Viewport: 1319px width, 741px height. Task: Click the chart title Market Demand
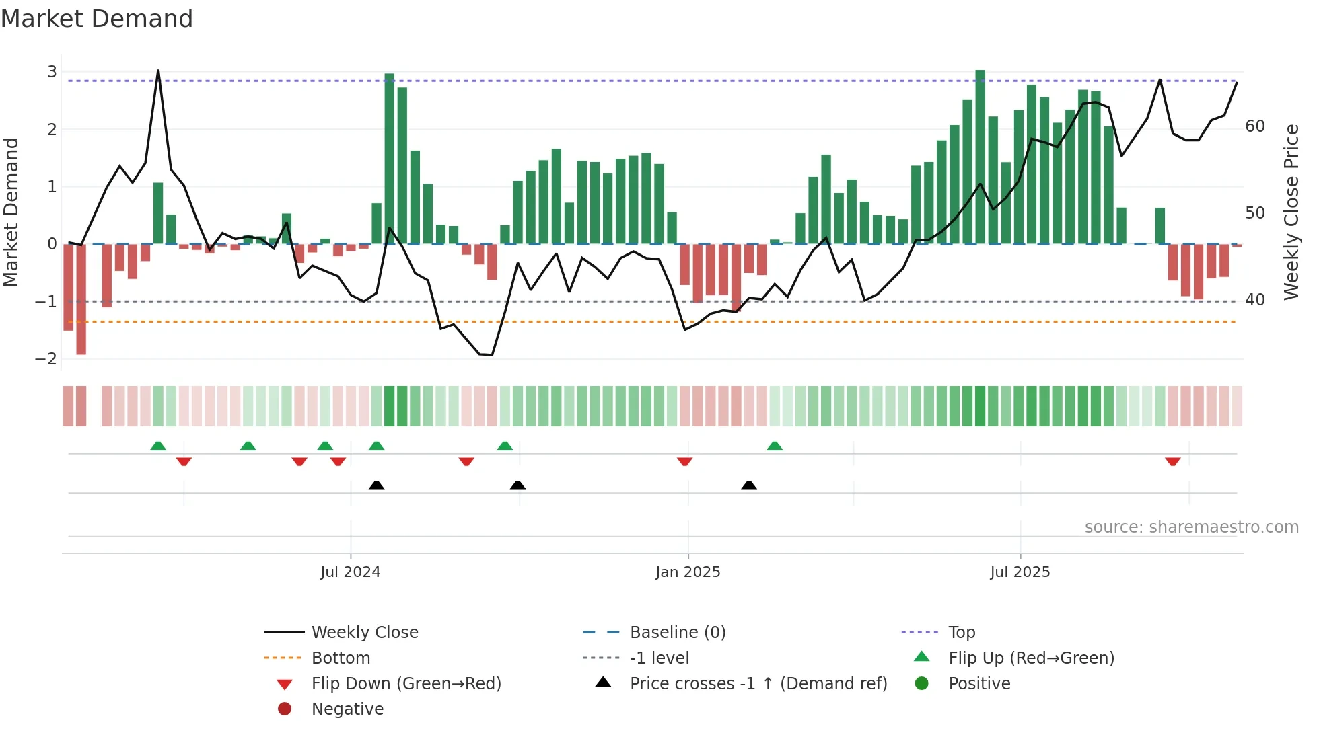click(x=97, y=19)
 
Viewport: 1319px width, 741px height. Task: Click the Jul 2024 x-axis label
click(x=350, y=572)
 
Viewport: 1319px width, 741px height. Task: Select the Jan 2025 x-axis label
click(x=688, y=572)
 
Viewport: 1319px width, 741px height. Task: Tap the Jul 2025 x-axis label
click(x=1020, y=572)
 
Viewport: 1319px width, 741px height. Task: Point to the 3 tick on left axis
click(x=52, y=72)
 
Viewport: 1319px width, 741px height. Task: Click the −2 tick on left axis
click(x=46, y=359)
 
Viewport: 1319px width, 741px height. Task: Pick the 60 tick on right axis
click(x=1254, y=126)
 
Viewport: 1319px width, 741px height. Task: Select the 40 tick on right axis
click(x=1254, y=300)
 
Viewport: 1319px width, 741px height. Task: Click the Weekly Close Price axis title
click(x=1291, y=212)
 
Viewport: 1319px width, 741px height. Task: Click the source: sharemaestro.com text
click(x=1191, y=527)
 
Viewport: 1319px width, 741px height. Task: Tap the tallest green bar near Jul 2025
click(x=980, y=157)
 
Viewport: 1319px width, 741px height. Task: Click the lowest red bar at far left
click(x=81, y=299)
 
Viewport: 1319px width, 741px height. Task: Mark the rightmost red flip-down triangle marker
click(x=1173, y=461)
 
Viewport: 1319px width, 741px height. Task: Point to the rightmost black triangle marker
click(x=749, y=485)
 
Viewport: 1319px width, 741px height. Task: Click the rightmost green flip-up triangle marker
click(x=775, y=446)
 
